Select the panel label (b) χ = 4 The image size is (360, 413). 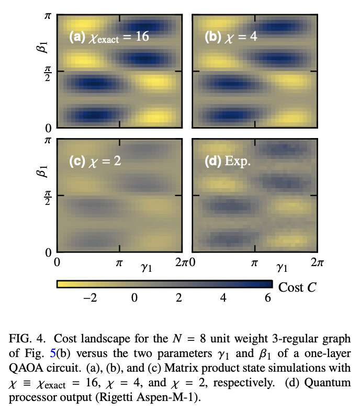tap(231, 38)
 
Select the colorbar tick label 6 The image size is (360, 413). tap(268, 298)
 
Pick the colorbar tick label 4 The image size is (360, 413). tap(223, 298)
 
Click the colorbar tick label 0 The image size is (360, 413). tap(134, 298)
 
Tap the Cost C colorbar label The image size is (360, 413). tap(297, 286)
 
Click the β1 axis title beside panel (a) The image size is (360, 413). tap(44, 44)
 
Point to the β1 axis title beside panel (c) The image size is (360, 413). tap(44, 169)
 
